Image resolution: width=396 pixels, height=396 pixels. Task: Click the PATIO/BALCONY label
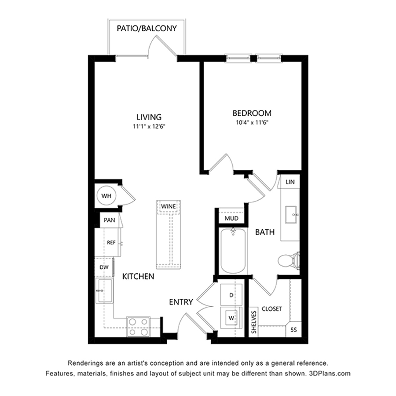point(147,28)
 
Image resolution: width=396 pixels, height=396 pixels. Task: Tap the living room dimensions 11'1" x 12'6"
point(149,127)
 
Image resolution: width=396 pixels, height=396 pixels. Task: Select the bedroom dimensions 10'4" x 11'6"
point(252,123)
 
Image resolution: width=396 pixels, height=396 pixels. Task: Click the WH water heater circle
point(106,196)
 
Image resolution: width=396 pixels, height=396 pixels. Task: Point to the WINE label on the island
point(169,206)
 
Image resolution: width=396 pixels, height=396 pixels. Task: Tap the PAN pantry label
point(110,220)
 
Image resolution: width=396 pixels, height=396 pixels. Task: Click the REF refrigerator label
point(111,243)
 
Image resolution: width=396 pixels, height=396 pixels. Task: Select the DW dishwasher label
point(104,267)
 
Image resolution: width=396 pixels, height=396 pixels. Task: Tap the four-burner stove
point(139,327)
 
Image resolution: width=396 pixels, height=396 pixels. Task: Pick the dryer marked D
point(231,295)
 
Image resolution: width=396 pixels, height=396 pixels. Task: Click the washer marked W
point(231,318)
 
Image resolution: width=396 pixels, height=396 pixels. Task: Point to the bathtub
point(233,251)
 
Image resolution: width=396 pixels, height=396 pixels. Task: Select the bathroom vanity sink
point(291,215)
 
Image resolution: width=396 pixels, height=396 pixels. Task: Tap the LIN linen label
point(290,182)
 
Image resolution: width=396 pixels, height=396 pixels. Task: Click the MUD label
point(231,218)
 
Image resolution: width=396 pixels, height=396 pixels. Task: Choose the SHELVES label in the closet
point(254,322)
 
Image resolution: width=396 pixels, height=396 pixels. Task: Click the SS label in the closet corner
point(293,330)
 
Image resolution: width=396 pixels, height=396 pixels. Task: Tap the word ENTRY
point(181,302)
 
